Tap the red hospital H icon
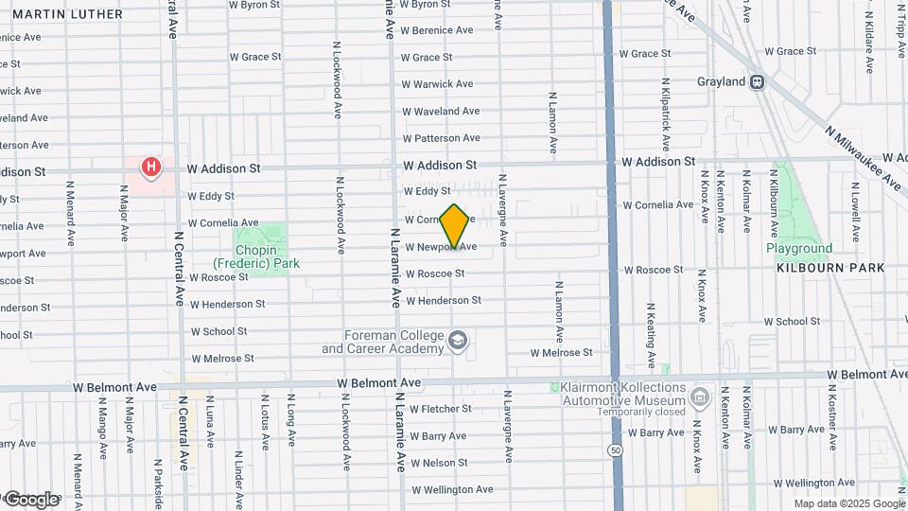[x=149, y=168]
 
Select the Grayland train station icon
[x=757, y=81]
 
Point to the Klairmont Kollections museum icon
[x=700, y=396]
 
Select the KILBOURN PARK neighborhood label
[x=830, y=268]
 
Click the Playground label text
[x=799, y=249]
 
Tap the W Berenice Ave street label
[x=436, y=30]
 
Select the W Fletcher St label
[x=440, y=409]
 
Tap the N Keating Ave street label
[x=651, y=336]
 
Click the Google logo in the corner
[x=30, y=499]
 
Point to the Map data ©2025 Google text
[x=849, y=503]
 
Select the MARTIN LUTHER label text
[x=68, y=14]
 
